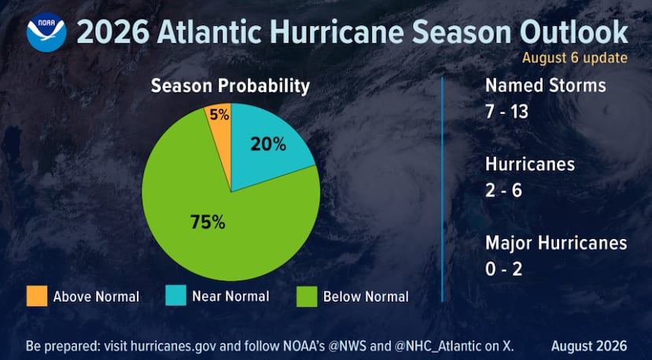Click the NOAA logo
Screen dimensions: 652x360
[x=46, y=32]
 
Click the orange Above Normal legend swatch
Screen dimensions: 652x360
[x=37, y=296]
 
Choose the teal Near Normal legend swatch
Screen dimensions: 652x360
[x=175, y=296]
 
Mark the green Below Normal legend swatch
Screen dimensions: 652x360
[x=307, y=296]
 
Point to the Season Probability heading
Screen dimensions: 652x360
[x=230, y=86]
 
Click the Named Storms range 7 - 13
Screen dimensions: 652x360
[x=506, y=112]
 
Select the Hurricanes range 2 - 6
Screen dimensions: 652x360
[x=503, y=191]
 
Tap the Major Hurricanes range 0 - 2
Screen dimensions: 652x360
[x=503, y=270]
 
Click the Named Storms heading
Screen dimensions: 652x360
[x=546, y=86]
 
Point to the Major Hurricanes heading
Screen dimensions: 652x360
[x=556, y=243]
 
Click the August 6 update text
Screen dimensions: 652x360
[x=575, y=58]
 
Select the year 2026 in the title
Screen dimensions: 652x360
[x=113, y=32]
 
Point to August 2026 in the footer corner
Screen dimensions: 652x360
[x=589, y=346]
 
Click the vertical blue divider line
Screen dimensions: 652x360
[x=442, y=189]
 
